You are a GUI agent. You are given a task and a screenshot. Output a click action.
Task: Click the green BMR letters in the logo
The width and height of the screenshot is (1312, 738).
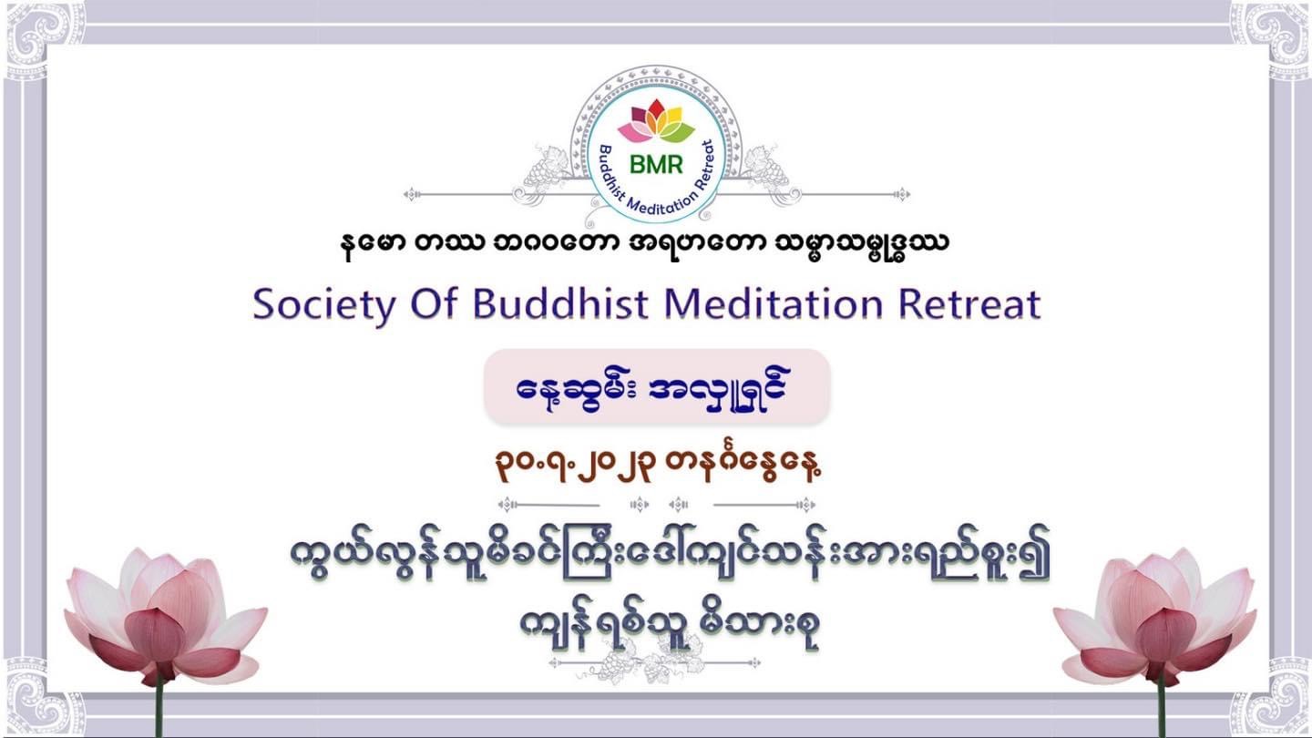(656, 165)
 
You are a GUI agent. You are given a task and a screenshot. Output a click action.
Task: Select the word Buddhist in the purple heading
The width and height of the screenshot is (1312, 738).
(560, 303)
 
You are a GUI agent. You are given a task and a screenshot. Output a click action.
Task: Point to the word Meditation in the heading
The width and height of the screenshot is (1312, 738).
(774, 303)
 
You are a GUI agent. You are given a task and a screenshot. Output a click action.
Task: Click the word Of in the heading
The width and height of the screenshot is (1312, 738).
(434, 303)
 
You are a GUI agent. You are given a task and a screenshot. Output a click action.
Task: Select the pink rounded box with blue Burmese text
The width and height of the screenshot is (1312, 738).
(657, 386)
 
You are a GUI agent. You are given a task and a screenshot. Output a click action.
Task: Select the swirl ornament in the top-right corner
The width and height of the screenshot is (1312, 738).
(1270, 38)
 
